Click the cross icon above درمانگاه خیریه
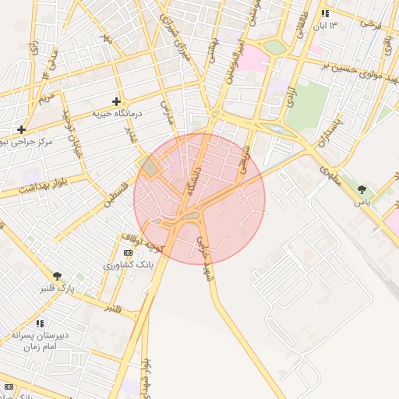[x=116, y=101]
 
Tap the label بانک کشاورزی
[x=129, y=265]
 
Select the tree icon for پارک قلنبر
[x=58, y=276]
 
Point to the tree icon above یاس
[x=362, y=189]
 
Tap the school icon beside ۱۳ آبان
[x=325, y=14]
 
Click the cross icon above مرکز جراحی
[x=21, y=129]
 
